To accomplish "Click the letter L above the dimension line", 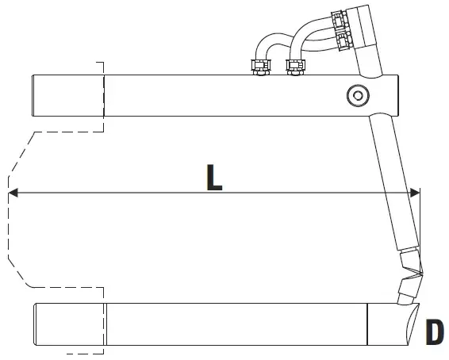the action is pyautogui.click(x=214, y=178).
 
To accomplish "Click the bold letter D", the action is pyautogui.click(x=435, y=332).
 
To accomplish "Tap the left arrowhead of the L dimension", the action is pyautogui.click(x=13, y=193).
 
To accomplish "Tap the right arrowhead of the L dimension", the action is pyautogui.click(x=415, y=193).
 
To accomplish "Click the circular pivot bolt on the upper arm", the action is pyautogui.click(x=358, y=96).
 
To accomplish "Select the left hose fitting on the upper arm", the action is pyautogui.click(x=260, y=67).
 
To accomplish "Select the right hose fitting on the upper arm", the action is pyautogui.click(x=296, y=67).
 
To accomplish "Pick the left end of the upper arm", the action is pyautogui.click(x=33, y=96).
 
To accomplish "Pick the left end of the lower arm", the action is pyautogui.click(x=36, y=324).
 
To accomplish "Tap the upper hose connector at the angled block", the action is pyautogui.click(x=340, y=20).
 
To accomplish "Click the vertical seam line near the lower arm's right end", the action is pyautogui.click(x=367, y=324).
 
